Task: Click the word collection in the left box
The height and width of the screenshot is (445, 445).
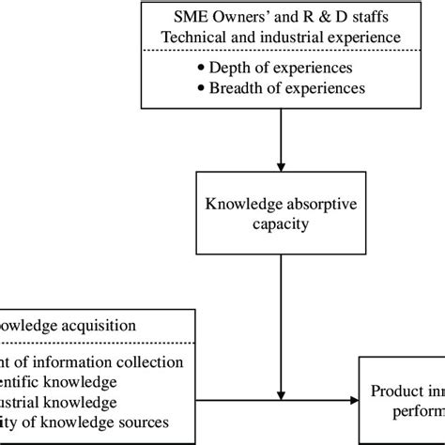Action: tap(142, 361)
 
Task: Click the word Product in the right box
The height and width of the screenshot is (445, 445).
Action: tap(395, 391)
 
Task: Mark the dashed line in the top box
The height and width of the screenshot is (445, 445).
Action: tap(282, 51)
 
